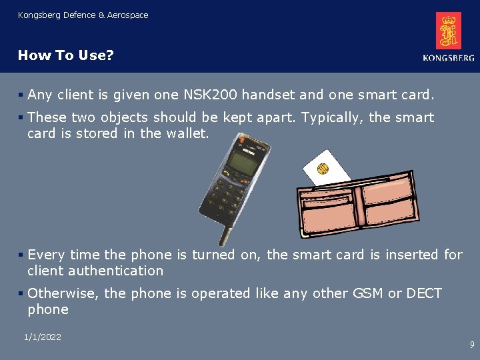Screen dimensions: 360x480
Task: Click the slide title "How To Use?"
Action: coord(66,55)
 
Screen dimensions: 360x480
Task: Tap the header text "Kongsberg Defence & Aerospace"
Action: coord(83,15)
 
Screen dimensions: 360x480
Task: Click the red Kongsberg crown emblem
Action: coord(448,31)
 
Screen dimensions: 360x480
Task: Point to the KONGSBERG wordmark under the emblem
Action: coord(448,58)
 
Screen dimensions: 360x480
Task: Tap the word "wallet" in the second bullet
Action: coord(187,133)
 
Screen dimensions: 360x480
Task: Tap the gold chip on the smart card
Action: coord(323,168)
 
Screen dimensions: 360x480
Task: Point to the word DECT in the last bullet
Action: coord(423,293)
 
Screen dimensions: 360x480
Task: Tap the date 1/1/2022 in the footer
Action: coord(42,337)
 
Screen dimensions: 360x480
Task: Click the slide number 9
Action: coord(472,345)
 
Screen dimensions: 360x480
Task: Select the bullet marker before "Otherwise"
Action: coord(21,293)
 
